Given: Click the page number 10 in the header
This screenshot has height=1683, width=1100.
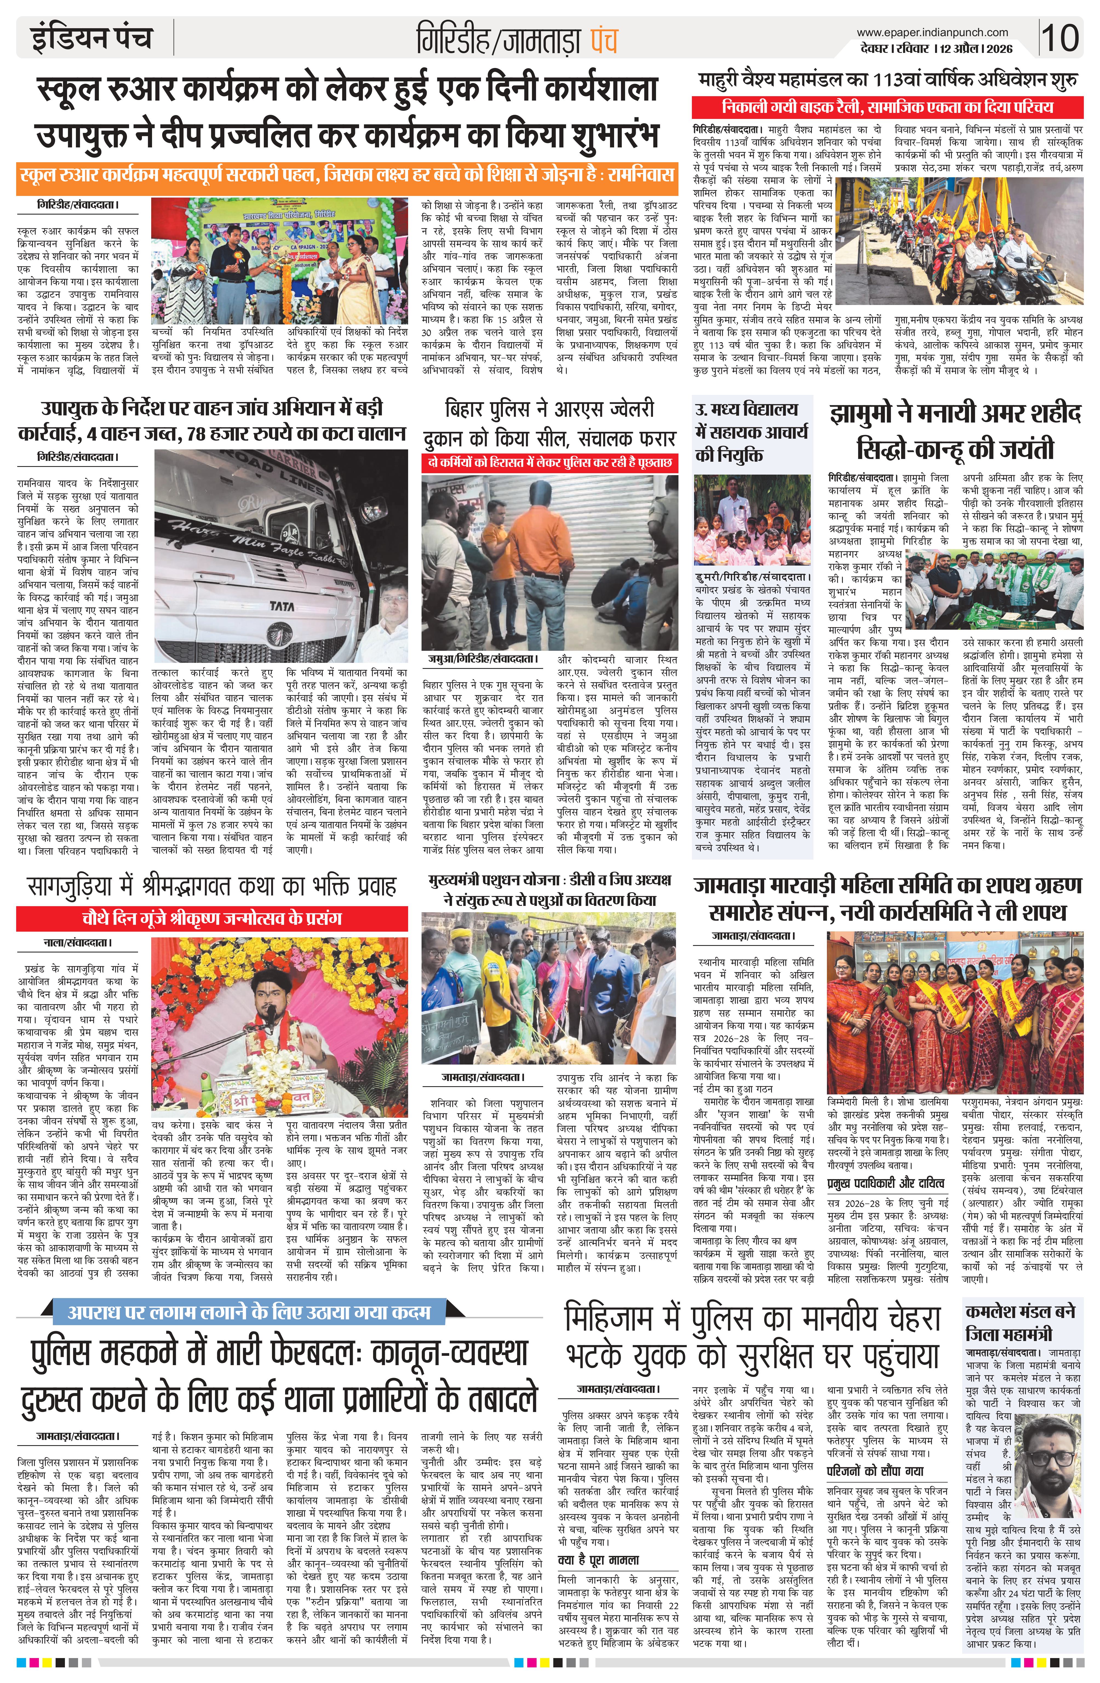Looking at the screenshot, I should pos(1060,37).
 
